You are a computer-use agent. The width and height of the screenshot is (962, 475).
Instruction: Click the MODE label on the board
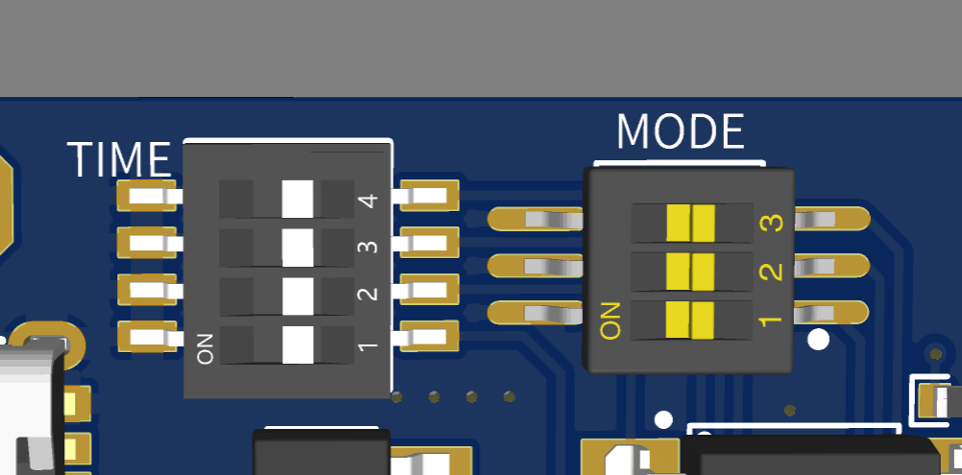tap(680, 132)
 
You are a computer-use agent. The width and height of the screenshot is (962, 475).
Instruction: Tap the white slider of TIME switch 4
tap(298, 199)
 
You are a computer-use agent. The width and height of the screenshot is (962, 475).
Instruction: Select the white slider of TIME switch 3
tap(298, 248)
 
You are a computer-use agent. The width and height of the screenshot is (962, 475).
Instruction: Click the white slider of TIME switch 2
tap(298, 296)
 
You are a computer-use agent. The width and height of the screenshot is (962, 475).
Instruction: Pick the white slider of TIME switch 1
tap(298, 344)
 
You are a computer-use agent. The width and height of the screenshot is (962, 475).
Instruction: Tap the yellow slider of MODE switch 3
tap(691, 223)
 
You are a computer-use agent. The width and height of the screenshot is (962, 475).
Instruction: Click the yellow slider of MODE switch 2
tap(691, 272)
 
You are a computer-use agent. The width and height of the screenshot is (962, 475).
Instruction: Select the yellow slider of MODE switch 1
tap(691, 320)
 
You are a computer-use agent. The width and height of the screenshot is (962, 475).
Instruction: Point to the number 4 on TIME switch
tap(368, 200)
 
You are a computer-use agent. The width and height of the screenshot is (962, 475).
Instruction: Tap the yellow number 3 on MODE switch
tap(771, 223)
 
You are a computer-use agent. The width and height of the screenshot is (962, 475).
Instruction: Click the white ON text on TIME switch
tap(205, 348)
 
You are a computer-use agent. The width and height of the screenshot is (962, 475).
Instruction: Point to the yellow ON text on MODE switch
tap(612, 320)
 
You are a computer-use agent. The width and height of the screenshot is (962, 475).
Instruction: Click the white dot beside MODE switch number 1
tap(818, 339)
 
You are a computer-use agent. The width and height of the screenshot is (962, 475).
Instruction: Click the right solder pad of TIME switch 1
tap(429, 337)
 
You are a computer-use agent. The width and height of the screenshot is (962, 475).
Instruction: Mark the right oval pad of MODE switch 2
tap(833, 267)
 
